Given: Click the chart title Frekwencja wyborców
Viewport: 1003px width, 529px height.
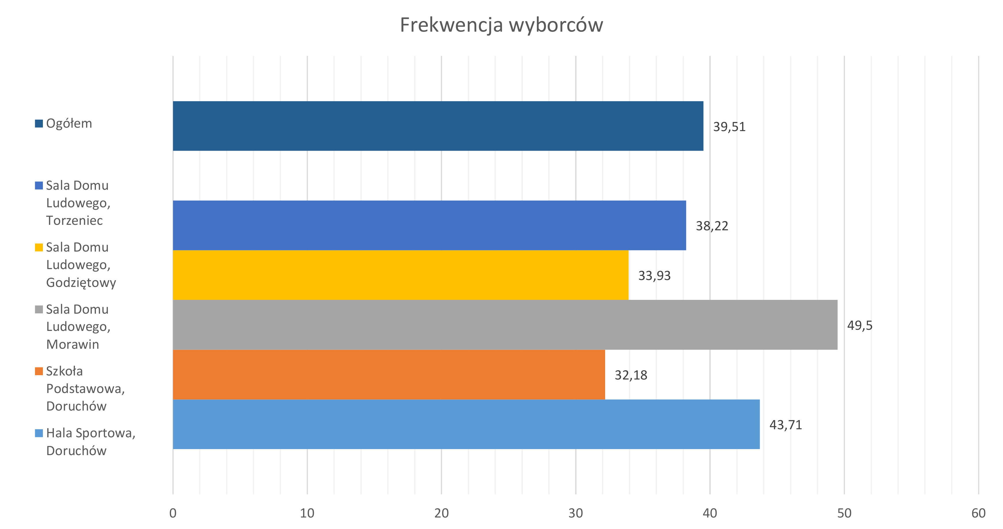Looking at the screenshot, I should (x=501, y=25).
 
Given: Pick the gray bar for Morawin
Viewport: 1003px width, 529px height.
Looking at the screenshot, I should (x=505, y=325).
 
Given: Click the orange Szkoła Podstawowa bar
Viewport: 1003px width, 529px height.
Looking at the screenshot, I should (x=389, y=375).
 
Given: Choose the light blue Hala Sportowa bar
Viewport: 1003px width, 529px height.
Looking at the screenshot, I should (x=466, y=424).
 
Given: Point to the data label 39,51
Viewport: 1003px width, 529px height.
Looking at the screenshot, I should (x=729, y=127).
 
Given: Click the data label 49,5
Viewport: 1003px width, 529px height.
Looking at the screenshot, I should (x=860, y=325).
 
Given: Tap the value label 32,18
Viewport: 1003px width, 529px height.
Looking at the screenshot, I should (x=631, y=375).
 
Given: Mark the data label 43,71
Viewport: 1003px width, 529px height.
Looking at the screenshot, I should (x=785, y=425).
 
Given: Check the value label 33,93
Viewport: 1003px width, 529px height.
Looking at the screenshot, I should (x=654, y=275).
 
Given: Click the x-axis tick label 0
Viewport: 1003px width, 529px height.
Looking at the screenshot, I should (x=173, y=513).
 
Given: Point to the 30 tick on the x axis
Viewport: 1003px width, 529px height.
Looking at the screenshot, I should (x=575, y=513).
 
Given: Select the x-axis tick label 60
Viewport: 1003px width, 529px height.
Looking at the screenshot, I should (x=978, y=513).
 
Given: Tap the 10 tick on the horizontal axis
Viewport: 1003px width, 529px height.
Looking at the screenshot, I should (x=307, y=513).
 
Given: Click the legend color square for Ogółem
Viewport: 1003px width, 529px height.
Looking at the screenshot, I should (x=39, y=124).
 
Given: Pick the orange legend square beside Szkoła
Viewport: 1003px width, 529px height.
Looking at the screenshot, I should (x=39, y=371).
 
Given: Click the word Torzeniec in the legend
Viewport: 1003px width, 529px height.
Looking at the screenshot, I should (x=74, y=221).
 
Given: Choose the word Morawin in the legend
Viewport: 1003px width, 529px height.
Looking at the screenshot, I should (x=73, y=344).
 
